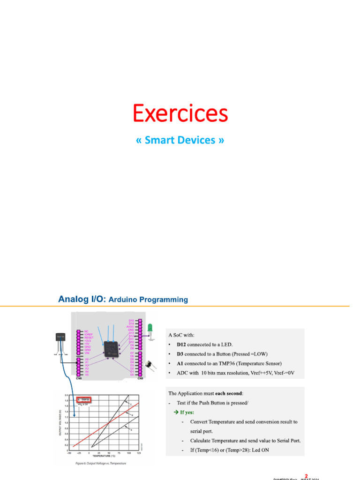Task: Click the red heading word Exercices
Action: point(180,113)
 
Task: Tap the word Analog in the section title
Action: point(73,299)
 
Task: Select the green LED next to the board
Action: point(150,327)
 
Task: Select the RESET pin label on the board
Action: point(89,337)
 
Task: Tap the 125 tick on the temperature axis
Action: point(139,452)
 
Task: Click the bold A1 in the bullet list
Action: point(180,363)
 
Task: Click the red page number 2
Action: point(306,476)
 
